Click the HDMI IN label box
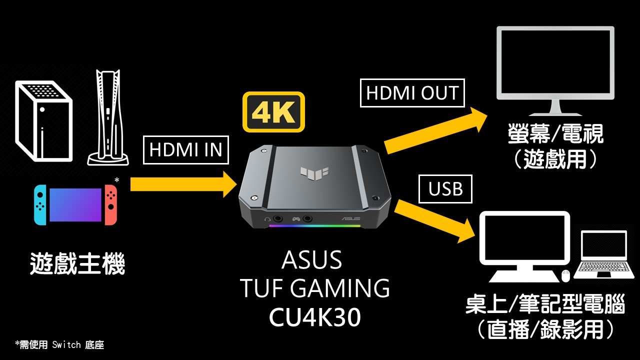pos(185,149)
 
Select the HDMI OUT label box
pos(412,93)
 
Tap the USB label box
pos(445,189)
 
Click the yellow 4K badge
pos(273,112)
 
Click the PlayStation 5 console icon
pos(107,118)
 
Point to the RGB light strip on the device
pos(314,226)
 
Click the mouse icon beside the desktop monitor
pos(566,275)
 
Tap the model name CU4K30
pos(314,318)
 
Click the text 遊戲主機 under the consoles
pos(77,264)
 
